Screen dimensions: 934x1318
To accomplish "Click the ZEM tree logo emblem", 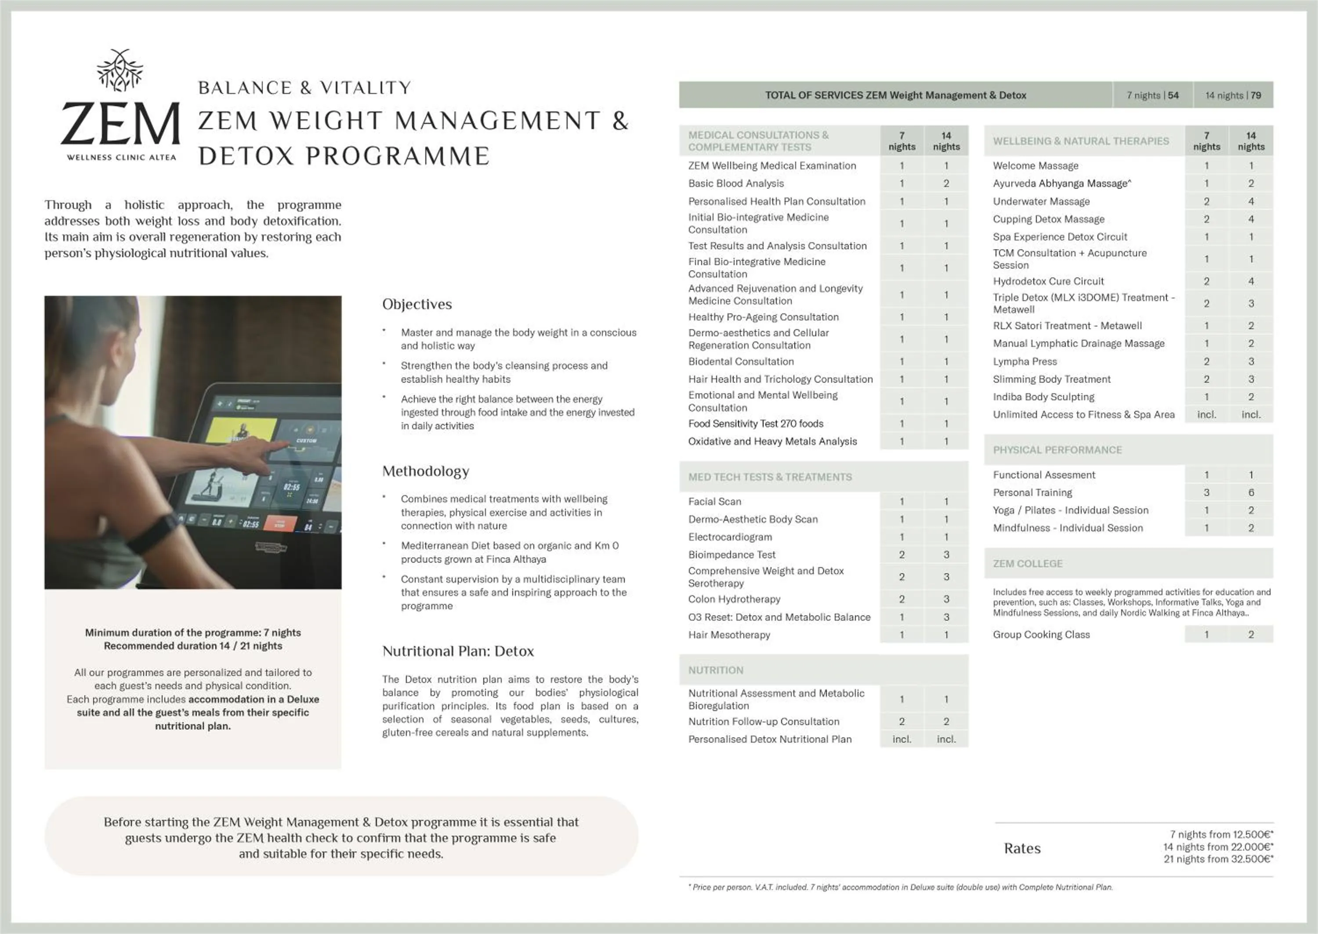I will click(x=119, y=70).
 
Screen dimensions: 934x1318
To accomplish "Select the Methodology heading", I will click(x=425, y=471).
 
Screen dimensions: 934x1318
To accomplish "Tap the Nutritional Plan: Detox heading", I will click(x=457, y=651).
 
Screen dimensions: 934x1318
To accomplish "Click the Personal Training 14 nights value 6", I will click(x=1251, y=492).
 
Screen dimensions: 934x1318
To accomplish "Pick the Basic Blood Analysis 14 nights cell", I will click(x=945, y=183).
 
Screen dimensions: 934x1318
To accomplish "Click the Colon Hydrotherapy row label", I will click(x=734, y=599).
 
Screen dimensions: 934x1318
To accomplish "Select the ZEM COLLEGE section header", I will click(x=1027, y=564).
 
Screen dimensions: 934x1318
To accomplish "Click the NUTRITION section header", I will click(x=715, y=670).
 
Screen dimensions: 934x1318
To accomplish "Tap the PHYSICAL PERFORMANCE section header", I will click(x=1057, y=450).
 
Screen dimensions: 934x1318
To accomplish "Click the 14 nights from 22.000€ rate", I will click(x=1217, y=847).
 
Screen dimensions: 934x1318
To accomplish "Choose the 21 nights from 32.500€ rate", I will click(x=1218, y=859).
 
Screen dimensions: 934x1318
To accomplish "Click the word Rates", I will click(x=1022, y=848).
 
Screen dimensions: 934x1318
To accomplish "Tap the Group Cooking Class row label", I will click(x=1041, y=634).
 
